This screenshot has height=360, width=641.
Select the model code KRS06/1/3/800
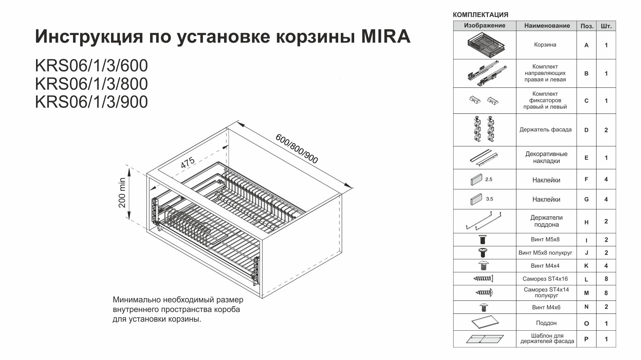coord(91,84)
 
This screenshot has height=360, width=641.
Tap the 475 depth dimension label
coord(188,163)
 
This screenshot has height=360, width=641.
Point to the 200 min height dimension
coord(122,193)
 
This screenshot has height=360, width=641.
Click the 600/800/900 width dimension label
coord(296,149)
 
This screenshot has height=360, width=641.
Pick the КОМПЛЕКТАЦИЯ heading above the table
coord(480,15)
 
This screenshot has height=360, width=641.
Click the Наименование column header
coord(547,26)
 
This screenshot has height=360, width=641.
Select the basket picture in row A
coord(485,45)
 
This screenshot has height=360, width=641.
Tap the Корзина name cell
coord(545,45)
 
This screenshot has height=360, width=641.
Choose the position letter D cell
coord(586,130)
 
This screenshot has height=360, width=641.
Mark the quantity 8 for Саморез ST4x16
coord(606,279)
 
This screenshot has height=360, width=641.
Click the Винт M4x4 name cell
coord(545,266)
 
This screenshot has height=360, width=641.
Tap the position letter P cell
coord(586,339)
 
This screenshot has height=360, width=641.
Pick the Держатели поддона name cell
coord(546,221)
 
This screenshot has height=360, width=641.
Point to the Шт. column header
coord(606,26)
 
